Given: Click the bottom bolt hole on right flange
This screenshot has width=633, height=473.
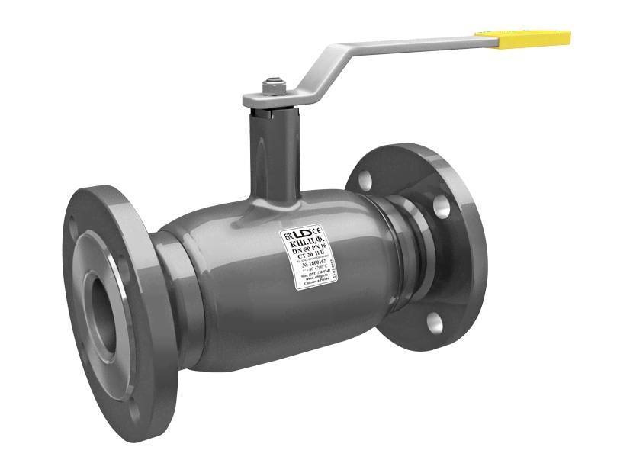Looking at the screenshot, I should pos(434,323).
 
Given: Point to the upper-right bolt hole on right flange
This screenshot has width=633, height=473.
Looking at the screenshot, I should pos(441,204).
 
